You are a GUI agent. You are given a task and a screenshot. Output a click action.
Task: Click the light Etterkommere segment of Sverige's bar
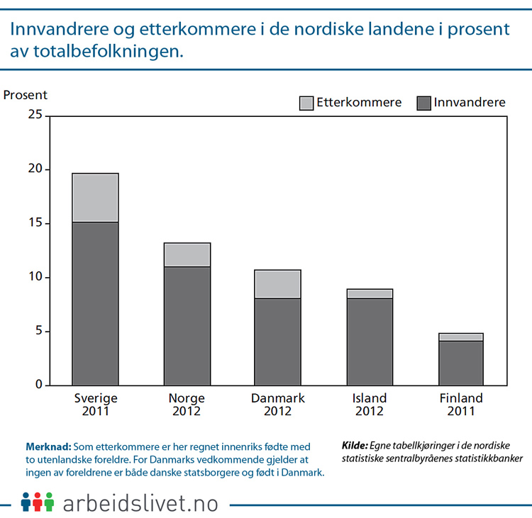coord(95,198)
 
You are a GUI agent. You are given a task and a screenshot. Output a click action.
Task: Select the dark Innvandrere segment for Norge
coord(187,326)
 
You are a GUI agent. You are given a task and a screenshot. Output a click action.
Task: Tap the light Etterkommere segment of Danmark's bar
coord(277,284)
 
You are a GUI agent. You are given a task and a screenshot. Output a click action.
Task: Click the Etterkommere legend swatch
coord(306,103)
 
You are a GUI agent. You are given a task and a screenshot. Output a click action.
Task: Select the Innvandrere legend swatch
coord(423,103)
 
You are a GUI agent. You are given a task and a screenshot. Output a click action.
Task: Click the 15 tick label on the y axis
coord(34,224)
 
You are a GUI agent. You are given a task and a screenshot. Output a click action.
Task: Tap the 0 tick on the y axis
coord(38,385)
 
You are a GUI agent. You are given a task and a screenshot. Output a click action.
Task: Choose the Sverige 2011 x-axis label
coord(96,405)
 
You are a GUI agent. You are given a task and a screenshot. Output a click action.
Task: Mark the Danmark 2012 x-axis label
coord(277,405)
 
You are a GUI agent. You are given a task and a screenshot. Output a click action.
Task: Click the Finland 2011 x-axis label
coord(460,405)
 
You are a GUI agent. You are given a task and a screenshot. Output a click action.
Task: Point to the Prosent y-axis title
coord(25,95)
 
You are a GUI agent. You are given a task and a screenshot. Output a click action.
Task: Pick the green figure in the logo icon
coord(49,501)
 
